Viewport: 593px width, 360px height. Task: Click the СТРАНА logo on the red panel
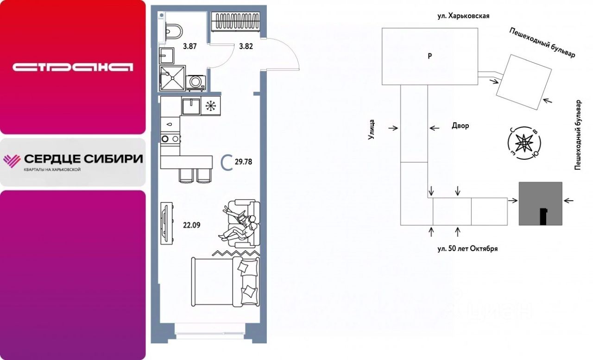tap(73, 67)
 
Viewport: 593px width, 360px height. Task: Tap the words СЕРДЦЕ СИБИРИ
tap(84, 159)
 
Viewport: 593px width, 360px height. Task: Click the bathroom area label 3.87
tap(190, 46)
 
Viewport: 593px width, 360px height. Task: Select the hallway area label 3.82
tap(246, 46)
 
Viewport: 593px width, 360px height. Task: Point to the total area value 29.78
tap(243, 162)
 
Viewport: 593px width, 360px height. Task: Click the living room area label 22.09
tap(192, 225)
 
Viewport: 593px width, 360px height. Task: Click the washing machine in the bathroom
tap(196, 83)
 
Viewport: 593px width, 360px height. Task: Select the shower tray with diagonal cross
tap(172, 78)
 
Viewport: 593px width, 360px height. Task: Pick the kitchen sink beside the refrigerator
tap(191, 106)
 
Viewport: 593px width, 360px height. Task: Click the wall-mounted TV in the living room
tap(167, 224)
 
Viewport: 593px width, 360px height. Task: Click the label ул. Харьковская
tap(463, 16)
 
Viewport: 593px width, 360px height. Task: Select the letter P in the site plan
tap(430, 56)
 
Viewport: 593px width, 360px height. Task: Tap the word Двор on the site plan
tap(461, 126)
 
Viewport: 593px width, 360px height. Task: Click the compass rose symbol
tap(524, 143)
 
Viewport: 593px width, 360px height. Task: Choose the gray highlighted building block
tap(540, 203)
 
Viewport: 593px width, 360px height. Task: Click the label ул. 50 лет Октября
tap(467, 249)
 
